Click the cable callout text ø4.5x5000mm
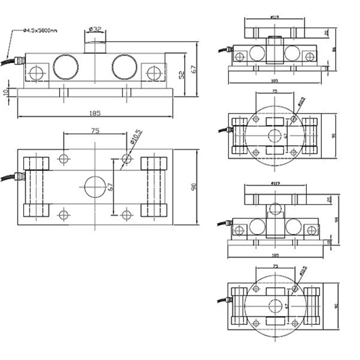[40, 31]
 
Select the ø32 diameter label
[95, 29]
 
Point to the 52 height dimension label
[182, 74]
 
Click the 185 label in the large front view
[95, 113]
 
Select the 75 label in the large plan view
[95, 131]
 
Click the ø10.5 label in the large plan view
[136, 137]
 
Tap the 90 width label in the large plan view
[194, 187]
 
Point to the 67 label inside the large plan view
[110, 187]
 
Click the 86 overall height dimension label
[333, 49]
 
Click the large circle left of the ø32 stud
[66, 67]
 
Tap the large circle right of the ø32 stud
[125, 67]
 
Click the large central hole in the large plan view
[95, 186]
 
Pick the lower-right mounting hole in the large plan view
[126, 215]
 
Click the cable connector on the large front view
[19, 60]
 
